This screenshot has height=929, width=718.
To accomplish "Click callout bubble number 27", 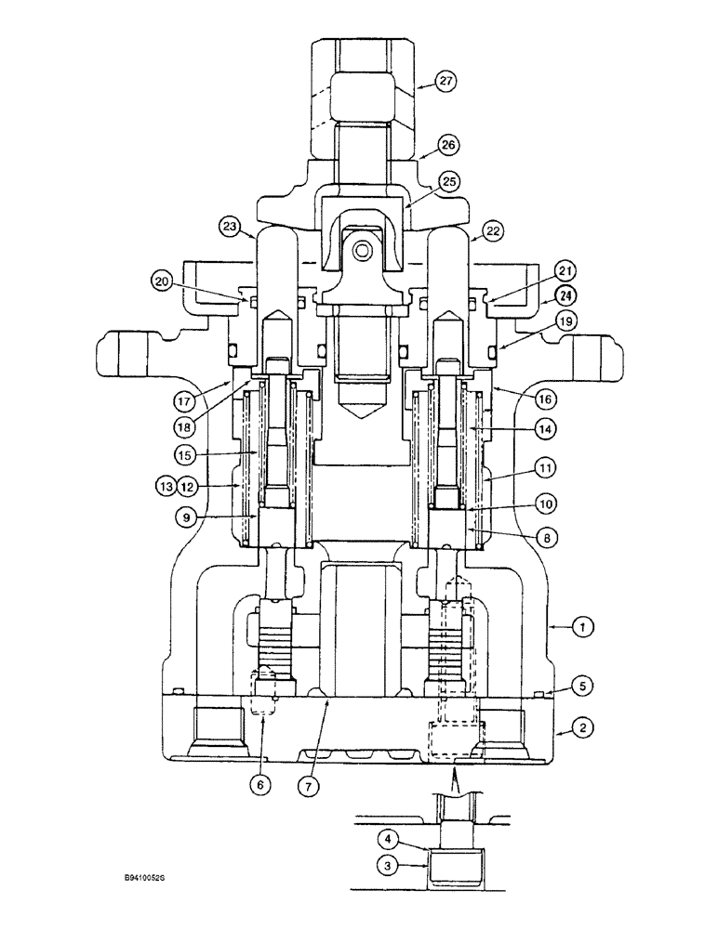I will [x=446, y=82].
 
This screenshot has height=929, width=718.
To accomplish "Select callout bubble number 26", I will [x=449, y=145].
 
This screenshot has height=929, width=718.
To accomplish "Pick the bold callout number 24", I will [x=565, y=297].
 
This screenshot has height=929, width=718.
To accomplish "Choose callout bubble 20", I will [x=164, y=281].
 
